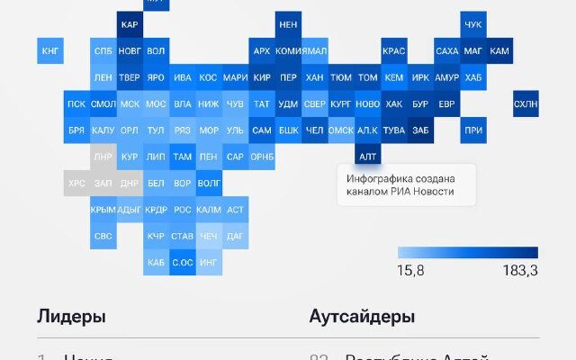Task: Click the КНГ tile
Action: pos(50,51)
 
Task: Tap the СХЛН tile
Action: pos(526,103)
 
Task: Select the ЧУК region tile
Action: pos(473,24)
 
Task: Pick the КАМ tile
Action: pos(499,51)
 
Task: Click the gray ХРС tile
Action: pos(76,183)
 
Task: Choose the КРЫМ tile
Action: pos(103,210)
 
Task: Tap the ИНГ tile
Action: pos(209,263)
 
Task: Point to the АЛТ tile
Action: pos(367,157)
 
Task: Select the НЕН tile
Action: pos(288,24)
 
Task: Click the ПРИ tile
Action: pos(473,130)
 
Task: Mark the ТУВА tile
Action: pos(394,130)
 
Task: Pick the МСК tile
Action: pos(130,103)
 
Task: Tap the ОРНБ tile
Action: pos(262,157)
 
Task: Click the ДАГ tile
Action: pos(235,236)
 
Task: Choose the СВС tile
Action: pos(103,236)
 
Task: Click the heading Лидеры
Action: pos(71,317)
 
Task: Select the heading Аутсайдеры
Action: pos(362,317)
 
